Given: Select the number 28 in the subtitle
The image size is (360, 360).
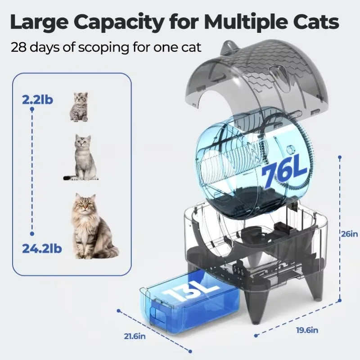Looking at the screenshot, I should coord(19,47).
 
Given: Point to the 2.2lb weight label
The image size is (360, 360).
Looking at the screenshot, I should coord(37,99).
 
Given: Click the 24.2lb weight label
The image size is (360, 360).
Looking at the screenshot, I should coord(41,247).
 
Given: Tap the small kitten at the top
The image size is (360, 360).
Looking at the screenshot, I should coord(79,107).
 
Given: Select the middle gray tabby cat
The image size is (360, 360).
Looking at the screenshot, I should coord(83,158).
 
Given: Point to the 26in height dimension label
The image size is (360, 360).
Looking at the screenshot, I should coord(349,234).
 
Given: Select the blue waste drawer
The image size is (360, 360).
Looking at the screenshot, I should coord(189,306).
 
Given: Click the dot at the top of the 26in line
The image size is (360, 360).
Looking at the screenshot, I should coord(339,157).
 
